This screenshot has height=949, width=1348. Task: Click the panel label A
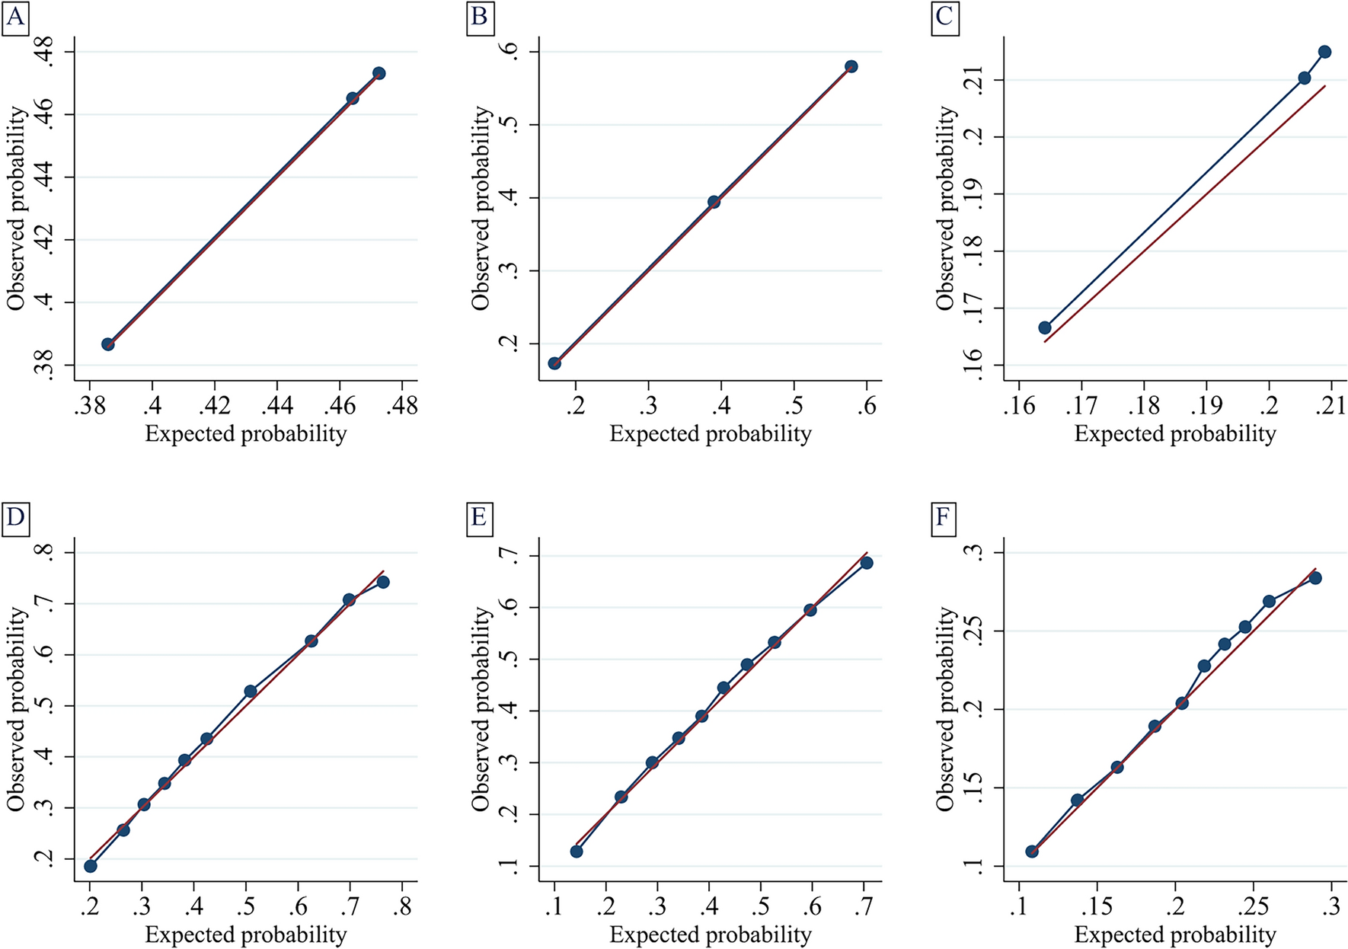[x=14, y=16]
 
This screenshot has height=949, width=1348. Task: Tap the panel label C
[x=944, y=16]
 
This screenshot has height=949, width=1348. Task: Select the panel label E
[x=479, y=517]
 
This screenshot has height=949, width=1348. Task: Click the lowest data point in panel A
[x=108, y=344]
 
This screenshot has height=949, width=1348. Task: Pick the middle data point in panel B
[x=714, y=202]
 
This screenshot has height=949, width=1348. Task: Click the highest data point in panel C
[x=1324, y=52]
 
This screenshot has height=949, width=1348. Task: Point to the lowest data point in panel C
[x=1045, y=328]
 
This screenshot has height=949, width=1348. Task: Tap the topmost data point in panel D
[x=383, y=582]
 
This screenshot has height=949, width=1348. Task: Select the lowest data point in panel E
[x=577, y=851]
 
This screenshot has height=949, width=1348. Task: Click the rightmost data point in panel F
[x=1315, y=578]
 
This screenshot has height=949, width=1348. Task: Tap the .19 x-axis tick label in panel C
[x=1206, y=405]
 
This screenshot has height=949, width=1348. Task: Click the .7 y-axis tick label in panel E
[x=508, y=557]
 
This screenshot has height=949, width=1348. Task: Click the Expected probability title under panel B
[x=710, y=433]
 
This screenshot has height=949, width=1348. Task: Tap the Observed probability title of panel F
[x=945, y=708]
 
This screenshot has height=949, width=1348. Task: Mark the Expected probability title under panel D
[x=245, y=935]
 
